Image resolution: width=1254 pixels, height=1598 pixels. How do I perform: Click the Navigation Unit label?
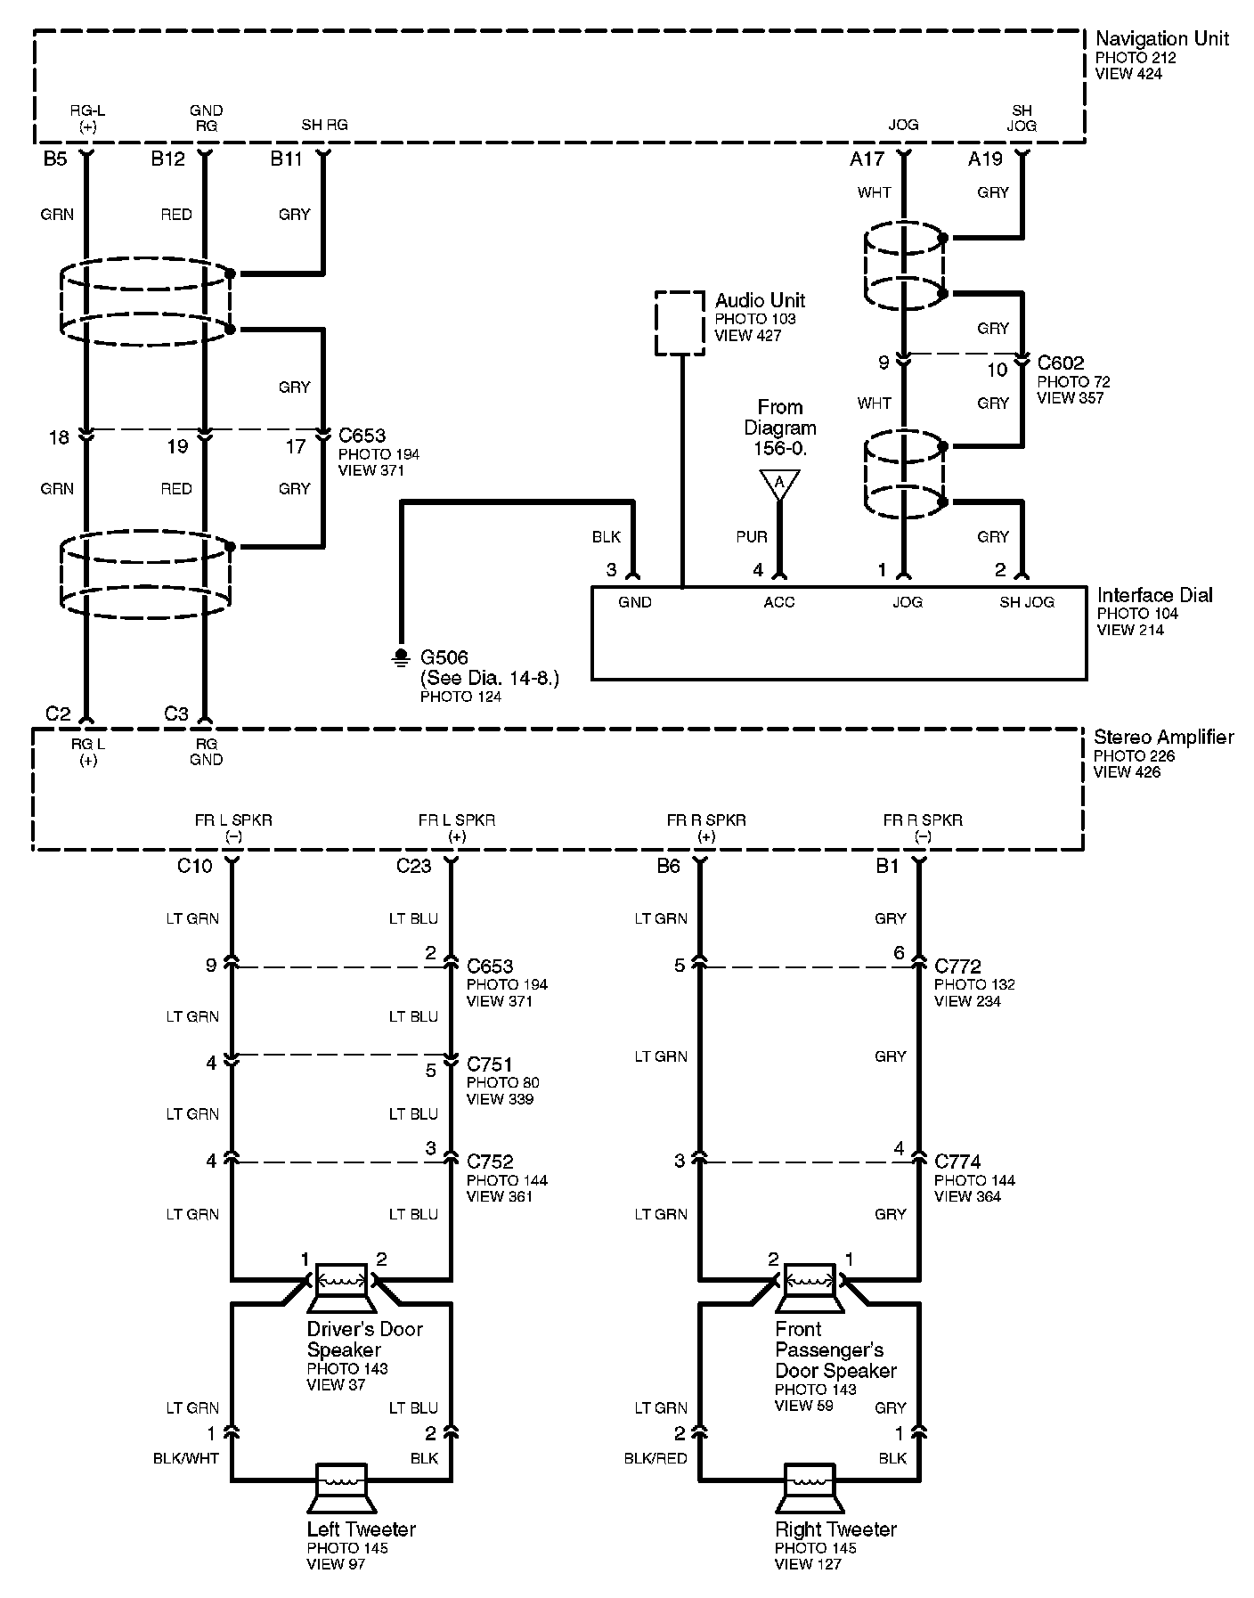click(1161, 39)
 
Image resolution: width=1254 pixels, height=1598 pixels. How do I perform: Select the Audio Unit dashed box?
click(680, 322)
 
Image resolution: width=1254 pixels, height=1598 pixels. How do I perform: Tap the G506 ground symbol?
click(400, 657)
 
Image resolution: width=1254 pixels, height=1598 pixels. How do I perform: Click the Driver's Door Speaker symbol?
click(342, 1287)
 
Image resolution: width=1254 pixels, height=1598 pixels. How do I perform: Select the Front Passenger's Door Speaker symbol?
click(810, 1287)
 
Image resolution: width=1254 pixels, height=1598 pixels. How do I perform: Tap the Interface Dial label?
click(1154, 595)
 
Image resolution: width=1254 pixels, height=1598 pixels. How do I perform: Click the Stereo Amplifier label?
click(1163, 738)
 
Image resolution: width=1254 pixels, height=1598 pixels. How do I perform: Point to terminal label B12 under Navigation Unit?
click(168, 159)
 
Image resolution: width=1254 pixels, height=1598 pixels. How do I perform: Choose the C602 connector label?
click(1061, 363)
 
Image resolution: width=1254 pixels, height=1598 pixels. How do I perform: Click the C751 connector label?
click(490, 1064)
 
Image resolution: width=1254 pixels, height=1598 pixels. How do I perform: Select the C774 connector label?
click(957, 1162)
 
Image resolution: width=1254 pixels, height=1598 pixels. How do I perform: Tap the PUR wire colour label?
click(752, 537)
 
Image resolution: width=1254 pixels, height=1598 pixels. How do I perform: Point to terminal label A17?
click(867, 159)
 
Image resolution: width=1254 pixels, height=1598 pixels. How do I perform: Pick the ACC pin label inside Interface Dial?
click(779, 602)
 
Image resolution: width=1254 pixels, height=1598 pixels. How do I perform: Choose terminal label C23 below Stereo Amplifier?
click(414, 866)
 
